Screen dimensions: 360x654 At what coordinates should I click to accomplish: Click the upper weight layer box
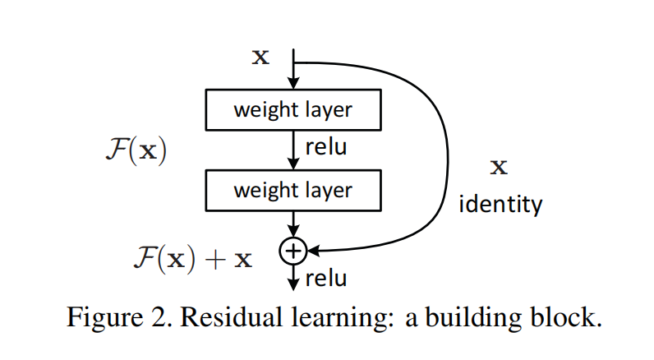coord(292,110)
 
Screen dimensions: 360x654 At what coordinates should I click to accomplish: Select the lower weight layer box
coord(292,190)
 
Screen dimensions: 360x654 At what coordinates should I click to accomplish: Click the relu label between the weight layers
coord(325,148)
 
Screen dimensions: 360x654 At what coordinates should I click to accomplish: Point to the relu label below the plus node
coord(325,278)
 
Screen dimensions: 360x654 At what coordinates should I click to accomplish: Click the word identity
coord(500,203)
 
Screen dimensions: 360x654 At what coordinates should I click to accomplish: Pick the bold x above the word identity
coord(499,168)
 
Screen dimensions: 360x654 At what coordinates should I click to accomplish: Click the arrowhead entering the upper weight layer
coord(292,84)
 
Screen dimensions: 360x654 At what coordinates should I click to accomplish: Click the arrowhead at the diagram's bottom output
coord(292,284)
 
